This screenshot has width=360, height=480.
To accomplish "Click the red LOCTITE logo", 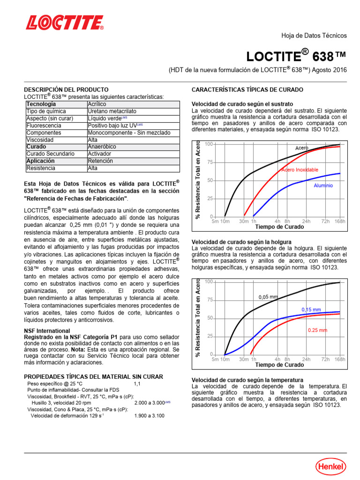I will [65, 22].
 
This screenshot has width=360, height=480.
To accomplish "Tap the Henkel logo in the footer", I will [330, 466].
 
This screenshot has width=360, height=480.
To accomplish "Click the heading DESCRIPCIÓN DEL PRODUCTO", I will [66, 90].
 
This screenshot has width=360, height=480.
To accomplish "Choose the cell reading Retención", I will [100, 161].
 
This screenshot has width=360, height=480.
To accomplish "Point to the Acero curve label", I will [301, 148].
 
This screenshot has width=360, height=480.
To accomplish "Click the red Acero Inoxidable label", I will [300, 169].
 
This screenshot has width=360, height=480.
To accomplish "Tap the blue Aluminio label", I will [323, 186].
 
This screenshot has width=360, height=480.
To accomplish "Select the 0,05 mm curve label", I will [268, 297].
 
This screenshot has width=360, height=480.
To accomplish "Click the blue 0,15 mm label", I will [311, 310].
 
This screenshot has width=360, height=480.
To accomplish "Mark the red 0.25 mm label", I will [317, 330].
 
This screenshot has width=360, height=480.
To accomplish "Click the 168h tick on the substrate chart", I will [339, 221].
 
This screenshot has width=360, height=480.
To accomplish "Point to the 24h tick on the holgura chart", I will [306, 359].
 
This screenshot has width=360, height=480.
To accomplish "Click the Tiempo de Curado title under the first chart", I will [279, 227].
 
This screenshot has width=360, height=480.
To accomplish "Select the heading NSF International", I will [47, 330].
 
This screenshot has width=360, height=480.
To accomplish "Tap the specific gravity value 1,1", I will [137, 384].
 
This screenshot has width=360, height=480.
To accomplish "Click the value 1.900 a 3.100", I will [149, 415].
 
